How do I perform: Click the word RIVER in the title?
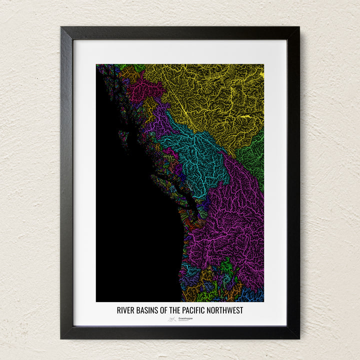(125, 310)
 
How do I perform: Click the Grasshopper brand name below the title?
(185, 318)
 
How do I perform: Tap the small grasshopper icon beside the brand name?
(172, 318)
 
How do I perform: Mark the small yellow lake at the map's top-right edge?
(261, 74)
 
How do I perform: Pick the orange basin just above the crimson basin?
(129, 74)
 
